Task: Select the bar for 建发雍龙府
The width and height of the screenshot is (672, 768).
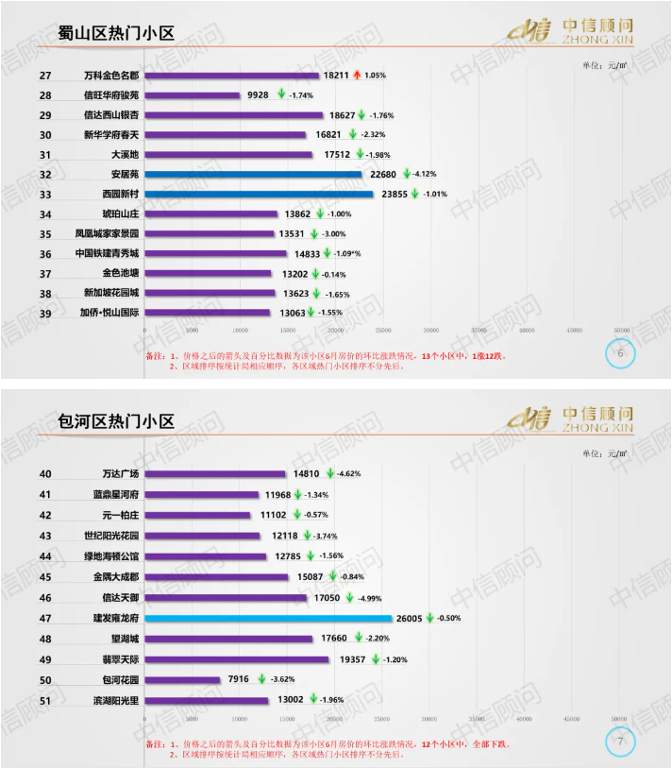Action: click(x=268, y=618)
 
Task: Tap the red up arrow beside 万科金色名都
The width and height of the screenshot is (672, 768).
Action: click(x=357, y=75)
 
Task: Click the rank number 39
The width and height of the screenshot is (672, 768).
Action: click(x=45, y=313)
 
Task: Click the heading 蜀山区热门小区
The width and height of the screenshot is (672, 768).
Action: click(x=116, y=35)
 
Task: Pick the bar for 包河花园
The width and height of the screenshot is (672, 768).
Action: click(x=182, y=680)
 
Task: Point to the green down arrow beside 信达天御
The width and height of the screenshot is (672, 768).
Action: click(x=347, y=597)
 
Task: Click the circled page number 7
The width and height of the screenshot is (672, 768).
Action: click(x=620, y=742)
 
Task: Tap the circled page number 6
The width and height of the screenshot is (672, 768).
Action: click(x=620, y=353)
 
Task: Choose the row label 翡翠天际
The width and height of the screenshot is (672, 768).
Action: click(x=120, y=659)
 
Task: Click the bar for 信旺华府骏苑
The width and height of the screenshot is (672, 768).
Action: click(x=193, y=95)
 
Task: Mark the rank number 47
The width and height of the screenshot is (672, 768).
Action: click(x=45, y=618)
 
